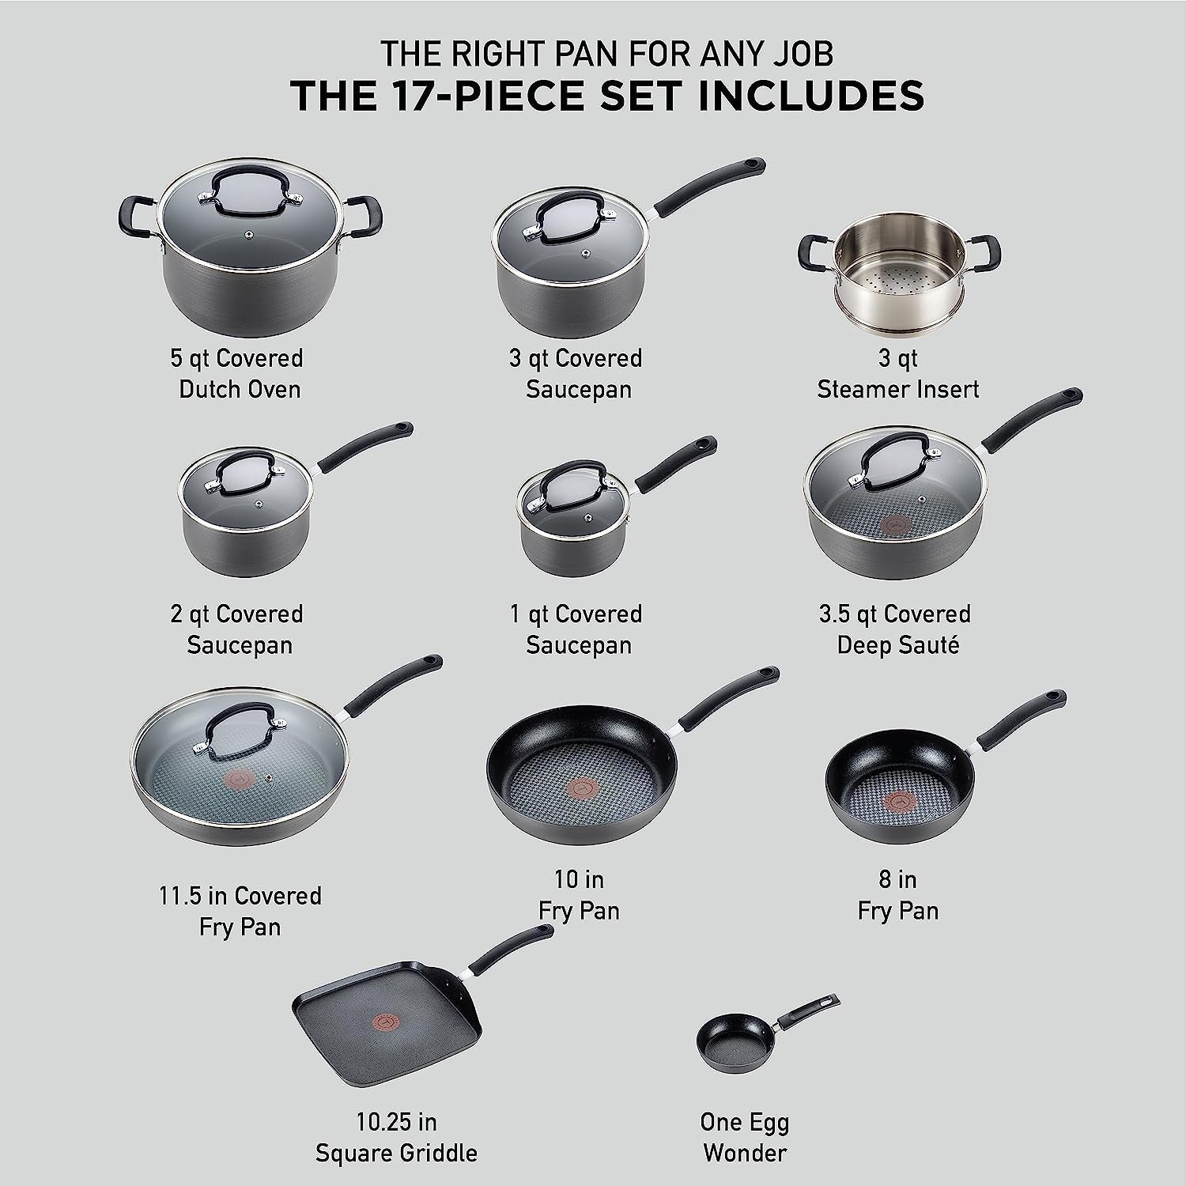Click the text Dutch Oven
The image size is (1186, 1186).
(x=240, y=389)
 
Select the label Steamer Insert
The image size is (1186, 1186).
(x=898, y=389)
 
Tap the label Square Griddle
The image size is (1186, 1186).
(x=396, y=1153)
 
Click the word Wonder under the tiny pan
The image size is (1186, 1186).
(x=745, y=1153)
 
